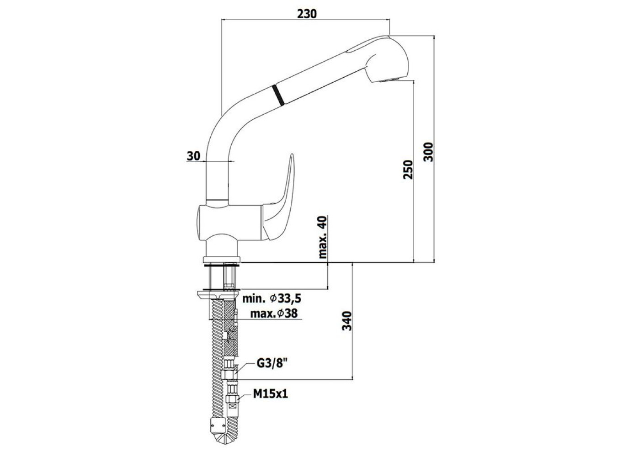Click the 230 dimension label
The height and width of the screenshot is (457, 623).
307,14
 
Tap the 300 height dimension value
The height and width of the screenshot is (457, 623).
428,152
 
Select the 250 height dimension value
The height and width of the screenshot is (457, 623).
408,170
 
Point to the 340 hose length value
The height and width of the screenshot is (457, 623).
347,321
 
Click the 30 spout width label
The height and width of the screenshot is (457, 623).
193,156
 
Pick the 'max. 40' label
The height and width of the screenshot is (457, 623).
322,237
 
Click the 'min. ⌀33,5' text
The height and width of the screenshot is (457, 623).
272,299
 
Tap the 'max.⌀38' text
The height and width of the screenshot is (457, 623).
274,314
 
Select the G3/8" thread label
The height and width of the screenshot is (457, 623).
272,364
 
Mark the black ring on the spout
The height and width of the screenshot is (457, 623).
278,95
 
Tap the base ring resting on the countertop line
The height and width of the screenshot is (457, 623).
222,259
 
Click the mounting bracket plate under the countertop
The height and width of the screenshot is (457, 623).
218,295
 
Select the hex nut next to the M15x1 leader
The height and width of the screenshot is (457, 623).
232,399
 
